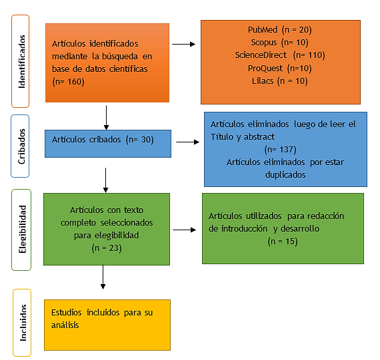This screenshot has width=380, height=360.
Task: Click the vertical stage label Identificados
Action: (x=22, y=61)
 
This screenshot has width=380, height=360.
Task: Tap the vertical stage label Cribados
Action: (x=21, y=146)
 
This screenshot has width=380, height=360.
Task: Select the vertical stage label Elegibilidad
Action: (x=22, y=230)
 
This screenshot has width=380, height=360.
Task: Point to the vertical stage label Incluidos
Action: (x=23, y=323)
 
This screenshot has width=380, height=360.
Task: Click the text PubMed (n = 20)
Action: (x=280, y=30)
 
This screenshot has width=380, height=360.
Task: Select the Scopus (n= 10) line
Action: (x=280, y=43)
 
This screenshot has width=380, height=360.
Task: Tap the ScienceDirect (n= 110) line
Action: (x=280, y=55)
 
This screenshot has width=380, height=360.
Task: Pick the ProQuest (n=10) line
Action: (x=280, y=69)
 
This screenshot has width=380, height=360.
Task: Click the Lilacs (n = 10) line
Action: (x=280, y=81)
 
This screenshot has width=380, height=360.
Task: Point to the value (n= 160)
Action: (x=69, y=82)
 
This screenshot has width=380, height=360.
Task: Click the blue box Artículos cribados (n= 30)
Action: (x=108, y=144)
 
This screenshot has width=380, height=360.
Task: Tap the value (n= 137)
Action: (x=281, y=150)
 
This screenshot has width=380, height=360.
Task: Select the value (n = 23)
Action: (x=107, y=248)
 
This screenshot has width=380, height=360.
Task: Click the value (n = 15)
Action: (x=283, y=242)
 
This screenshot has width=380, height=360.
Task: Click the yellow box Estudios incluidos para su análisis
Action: (x=107, y=325)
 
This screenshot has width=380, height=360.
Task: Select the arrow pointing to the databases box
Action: (x=184, y=44)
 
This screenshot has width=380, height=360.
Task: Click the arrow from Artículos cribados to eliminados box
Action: (x=187, y=142)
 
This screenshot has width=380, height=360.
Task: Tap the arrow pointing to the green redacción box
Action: (x=185, y=230)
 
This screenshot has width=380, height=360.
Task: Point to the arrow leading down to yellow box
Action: (x=103, y=277)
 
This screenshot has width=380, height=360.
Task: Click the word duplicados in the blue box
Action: (x=285, y=175)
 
